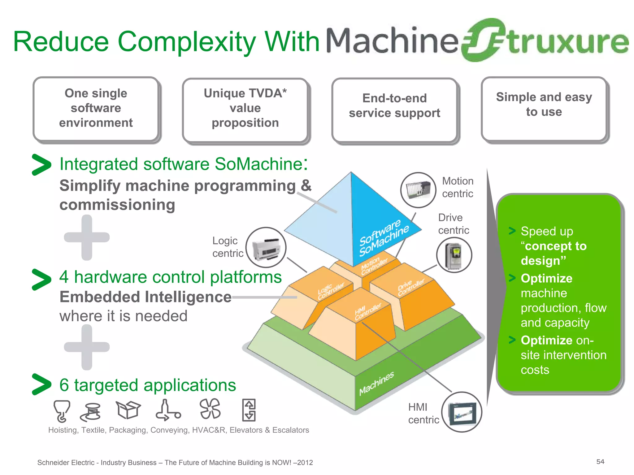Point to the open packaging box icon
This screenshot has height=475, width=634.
(x=128, y=410)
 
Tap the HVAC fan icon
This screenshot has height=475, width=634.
(x=210, y=409)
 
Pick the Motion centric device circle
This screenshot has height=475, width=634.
(x=418, y=190)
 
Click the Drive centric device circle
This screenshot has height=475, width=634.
(x=454, y=255)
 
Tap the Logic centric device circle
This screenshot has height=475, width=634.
(x=266, y=247)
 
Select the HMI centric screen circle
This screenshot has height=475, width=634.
(x=462, y=412)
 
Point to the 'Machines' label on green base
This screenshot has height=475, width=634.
(x=376, y=383)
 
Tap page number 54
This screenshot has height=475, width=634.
(x=600, y=462)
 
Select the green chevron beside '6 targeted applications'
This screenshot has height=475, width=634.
(x=41, y=384)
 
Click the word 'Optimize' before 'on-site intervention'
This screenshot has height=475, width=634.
(x=546, y=340)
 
